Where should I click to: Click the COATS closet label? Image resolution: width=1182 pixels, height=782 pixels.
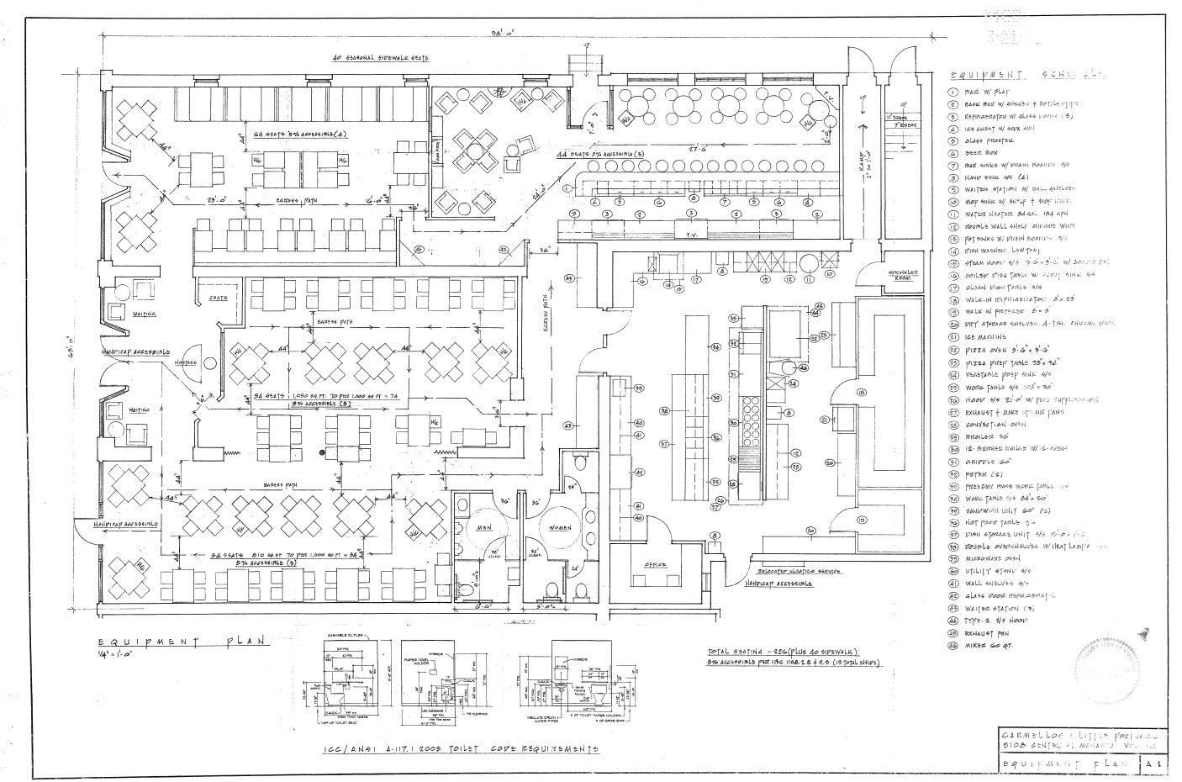(x=219, y=298)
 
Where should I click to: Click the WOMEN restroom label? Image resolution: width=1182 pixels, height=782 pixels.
(x=560, y=528)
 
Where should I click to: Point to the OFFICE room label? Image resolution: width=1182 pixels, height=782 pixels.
(x=656, y=564)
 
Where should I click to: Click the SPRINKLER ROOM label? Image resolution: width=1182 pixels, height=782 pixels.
(x=905, y=274)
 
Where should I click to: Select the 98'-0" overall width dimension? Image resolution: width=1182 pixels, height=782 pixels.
(x=503, y=33)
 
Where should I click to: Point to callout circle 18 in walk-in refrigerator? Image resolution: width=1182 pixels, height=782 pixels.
(x=860, y=392)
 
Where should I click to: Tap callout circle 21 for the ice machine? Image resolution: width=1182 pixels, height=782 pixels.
(x=825, y=420)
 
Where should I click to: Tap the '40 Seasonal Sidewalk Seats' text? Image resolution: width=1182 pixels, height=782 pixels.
(x=380, y=58)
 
